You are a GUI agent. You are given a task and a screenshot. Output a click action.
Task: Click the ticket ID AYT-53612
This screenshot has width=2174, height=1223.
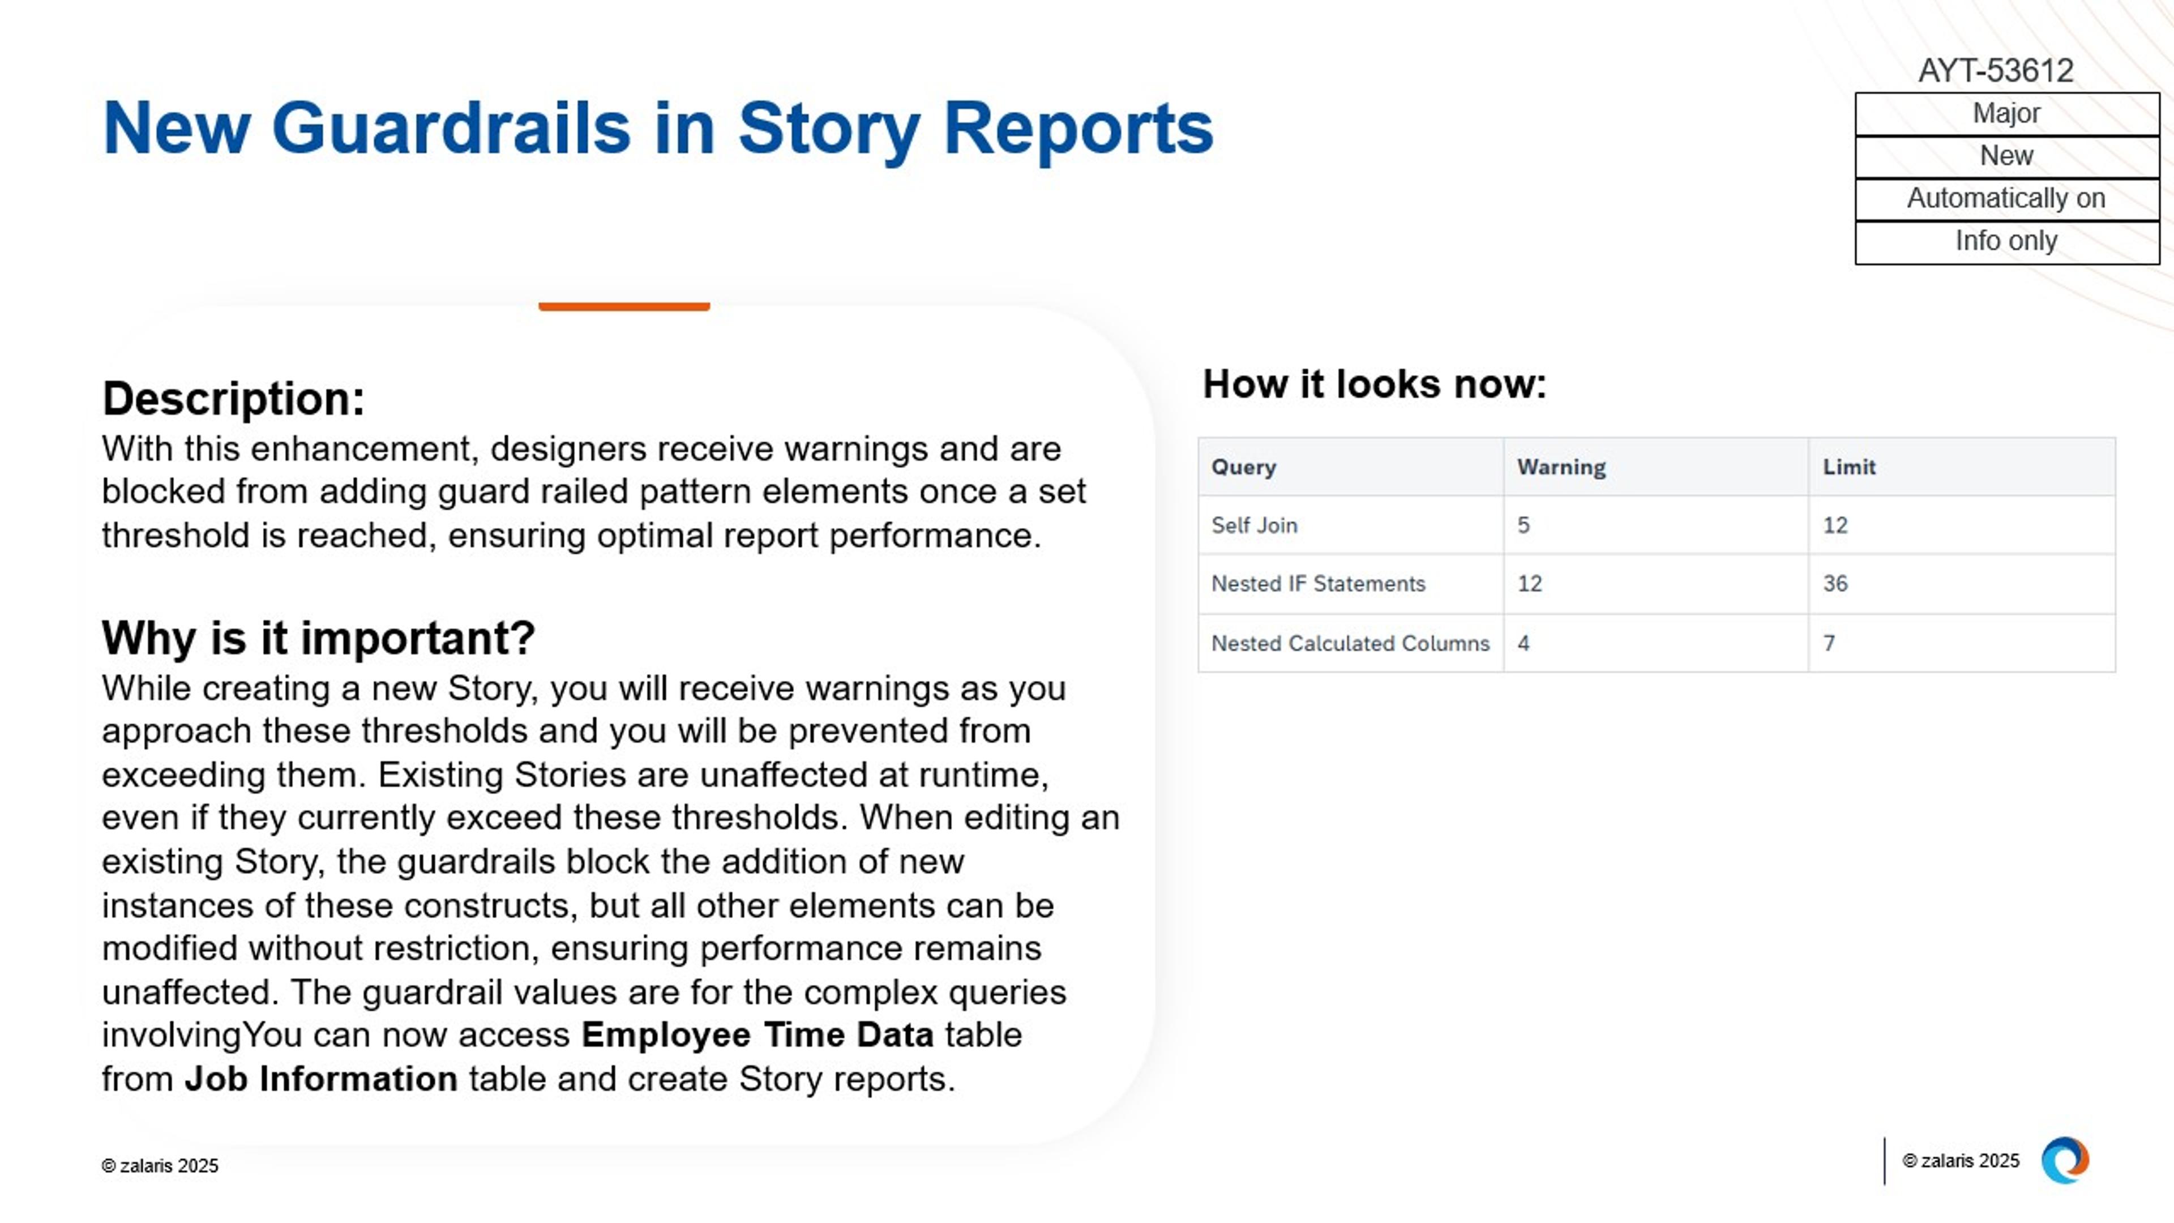[x=1995, y=71]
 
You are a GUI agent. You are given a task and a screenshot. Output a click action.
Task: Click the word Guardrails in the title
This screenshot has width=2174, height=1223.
[x=451, y=129]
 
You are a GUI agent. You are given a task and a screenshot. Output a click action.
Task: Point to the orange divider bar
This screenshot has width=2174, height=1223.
[x=624, y=306]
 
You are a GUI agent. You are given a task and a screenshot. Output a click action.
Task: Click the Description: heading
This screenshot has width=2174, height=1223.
[x=233, y=399]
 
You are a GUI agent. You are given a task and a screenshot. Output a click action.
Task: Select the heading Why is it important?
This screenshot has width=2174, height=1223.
[x=318, y=638]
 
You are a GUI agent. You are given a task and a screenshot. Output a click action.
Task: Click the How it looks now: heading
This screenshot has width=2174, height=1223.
[x=1374, y=385]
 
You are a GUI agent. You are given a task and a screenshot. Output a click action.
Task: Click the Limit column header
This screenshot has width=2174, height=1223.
[x=1848, y=467]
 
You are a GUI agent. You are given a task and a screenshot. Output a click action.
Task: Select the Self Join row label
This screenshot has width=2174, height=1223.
[x=1254, y=525]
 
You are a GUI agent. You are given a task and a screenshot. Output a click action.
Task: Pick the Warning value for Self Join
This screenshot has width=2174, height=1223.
[x=1523, y=525]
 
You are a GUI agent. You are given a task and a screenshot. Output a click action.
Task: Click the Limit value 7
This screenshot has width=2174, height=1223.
[x=1829, y=643]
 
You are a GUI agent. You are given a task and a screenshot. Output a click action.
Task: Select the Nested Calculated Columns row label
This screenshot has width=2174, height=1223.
[x=1350, y=643]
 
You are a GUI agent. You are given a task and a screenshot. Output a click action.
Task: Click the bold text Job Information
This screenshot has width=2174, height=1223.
[x=320, y=1079]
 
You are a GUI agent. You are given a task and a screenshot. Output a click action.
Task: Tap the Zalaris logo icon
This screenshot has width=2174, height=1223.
[x=2064, y=1161]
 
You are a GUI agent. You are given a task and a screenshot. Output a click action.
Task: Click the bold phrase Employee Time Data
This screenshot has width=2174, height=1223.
[x=757, y=1035]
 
